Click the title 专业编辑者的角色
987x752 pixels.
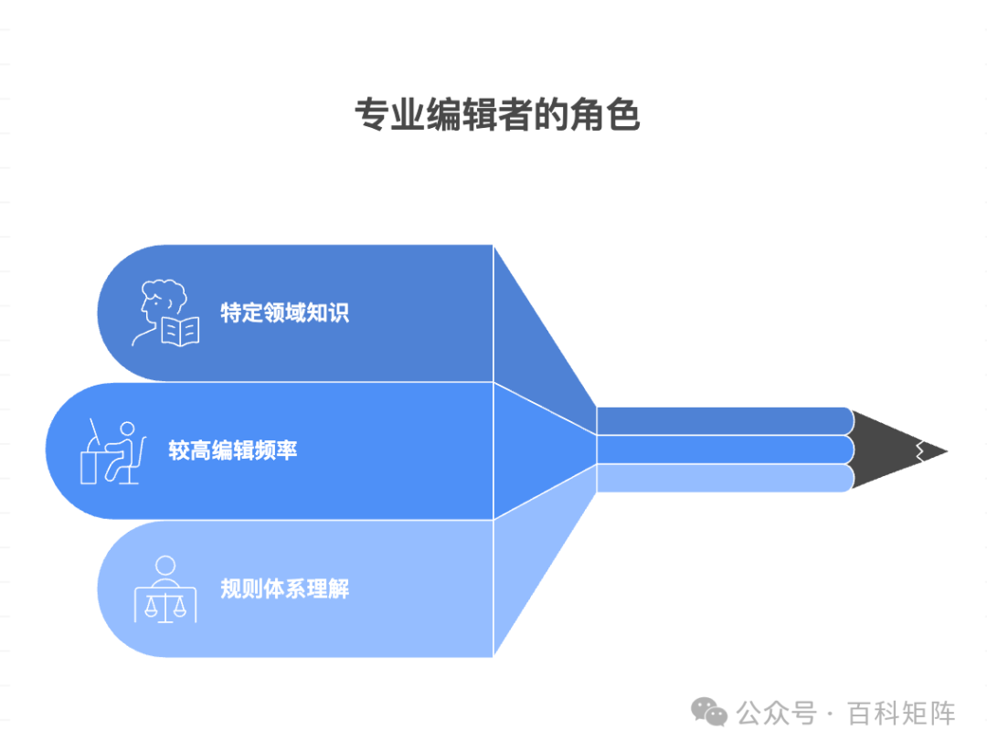coord(496,116)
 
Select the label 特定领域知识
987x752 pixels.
coord(284,312)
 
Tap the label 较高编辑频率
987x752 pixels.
coord(232,450)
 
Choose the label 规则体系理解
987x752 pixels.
coord(284,588)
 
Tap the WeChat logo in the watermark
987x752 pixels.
coord(709,712)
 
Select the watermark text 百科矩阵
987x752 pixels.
coord(901,713)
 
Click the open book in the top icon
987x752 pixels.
coord(180,331)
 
